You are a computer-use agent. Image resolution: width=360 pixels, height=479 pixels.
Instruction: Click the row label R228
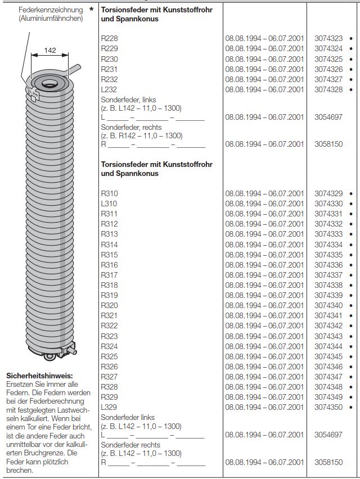coord(109,38)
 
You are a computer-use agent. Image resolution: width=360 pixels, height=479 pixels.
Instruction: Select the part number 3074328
coord(328,89)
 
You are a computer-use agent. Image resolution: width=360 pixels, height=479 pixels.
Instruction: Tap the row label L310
coord(109,204)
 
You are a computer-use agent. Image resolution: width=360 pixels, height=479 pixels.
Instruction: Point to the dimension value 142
coord(50,51)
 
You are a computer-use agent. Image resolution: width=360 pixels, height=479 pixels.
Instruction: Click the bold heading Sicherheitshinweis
coord(39,376)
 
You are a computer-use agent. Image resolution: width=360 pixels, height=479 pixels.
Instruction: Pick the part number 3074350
coord(328,407)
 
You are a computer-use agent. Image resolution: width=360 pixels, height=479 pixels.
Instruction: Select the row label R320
coord(109,305)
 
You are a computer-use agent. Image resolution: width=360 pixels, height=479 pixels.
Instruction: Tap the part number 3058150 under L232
coord(328,144)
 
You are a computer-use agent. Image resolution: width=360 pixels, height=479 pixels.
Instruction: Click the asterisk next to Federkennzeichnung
coord(91,10)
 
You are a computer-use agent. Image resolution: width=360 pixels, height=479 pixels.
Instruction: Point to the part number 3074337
coord(328,275)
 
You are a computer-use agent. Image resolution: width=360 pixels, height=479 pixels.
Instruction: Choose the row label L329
coord(109,407)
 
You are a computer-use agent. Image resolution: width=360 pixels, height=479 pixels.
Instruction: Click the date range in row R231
coord(264,69)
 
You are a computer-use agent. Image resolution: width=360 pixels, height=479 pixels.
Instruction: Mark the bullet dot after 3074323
coord(351,38)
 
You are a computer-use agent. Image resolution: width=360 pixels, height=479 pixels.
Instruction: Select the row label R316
coord(109,265)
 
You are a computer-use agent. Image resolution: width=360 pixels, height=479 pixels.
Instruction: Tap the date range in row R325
coord(264,356)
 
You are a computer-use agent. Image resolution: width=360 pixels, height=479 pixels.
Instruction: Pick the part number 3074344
coord(328,346)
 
